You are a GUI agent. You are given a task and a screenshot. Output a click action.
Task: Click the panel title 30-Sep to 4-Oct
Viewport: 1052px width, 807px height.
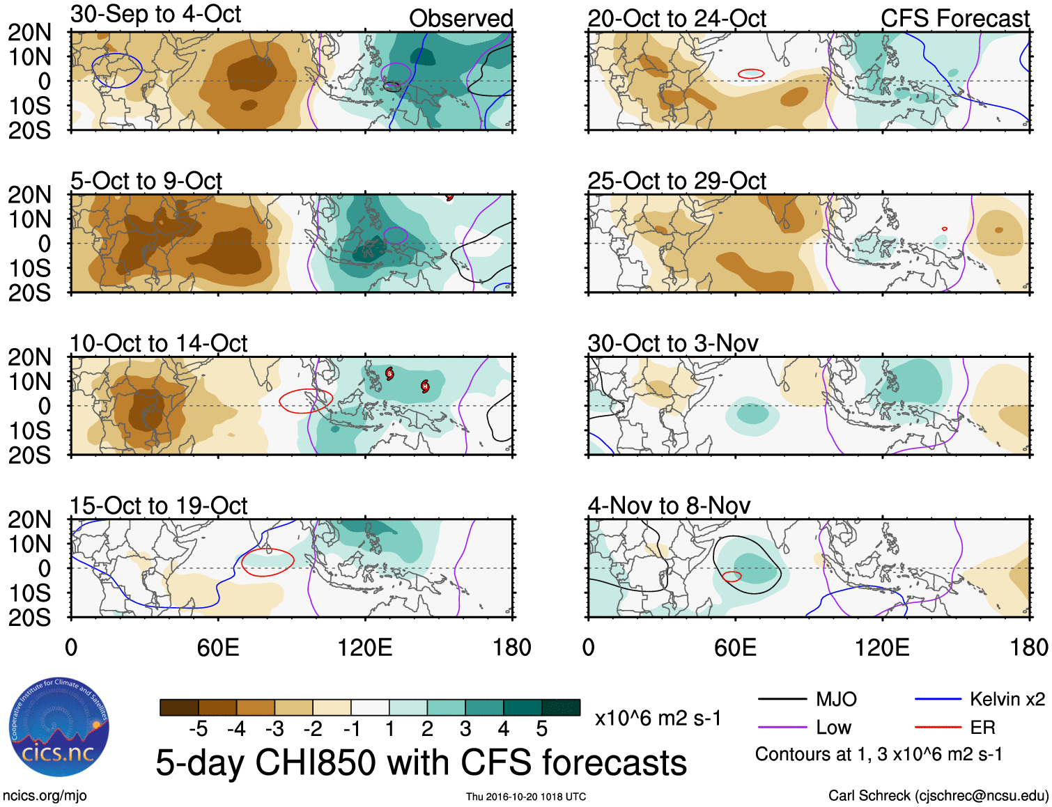(x=155, y=15)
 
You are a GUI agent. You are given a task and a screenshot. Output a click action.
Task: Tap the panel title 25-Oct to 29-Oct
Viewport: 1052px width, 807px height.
(x=676, y=181)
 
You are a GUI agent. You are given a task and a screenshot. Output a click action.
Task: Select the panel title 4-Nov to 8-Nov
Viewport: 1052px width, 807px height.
(x=669, y=506)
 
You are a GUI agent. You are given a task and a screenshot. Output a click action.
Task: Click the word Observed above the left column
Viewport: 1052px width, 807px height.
(x=461, y=18)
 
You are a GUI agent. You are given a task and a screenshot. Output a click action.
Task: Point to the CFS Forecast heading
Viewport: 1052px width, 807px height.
(x=954, y=18)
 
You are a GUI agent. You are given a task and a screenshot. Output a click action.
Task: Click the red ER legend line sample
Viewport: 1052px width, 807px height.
(x=938, y=727)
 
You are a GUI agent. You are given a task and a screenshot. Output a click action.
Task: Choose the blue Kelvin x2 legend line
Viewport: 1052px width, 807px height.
(x=938, y=699)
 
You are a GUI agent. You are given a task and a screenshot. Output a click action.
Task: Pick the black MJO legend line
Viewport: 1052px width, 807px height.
(x=782, y=699)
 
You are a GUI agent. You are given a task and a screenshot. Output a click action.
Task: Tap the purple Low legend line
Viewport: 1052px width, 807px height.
(x=782, y=728)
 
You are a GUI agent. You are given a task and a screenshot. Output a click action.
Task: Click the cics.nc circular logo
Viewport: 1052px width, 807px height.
(x=59, y=728)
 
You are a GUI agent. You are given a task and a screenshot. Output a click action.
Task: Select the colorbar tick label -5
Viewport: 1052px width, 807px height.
(x=198, y=729)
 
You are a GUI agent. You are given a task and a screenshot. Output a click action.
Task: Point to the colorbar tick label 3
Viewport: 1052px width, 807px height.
(x=465, y=729)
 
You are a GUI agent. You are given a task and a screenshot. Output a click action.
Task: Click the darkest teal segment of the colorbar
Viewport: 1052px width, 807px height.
(x=561, y=707)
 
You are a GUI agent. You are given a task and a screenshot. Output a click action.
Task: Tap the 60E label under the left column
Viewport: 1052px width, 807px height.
(x=218, y=648)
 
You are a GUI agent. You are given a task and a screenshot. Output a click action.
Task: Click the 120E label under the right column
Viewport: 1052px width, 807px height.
(x=882, y=648)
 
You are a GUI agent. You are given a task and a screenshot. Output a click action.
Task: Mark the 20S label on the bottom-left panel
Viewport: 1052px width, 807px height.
(x=29, y=618)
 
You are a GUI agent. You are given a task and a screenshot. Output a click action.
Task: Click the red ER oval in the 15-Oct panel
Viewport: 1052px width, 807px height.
(x=268, y=562)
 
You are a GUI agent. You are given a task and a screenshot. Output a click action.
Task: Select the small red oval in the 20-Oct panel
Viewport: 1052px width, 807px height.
(x=751, y=73)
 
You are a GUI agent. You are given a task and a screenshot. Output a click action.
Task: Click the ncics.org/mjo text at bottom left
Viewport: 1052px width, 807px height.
(x=45, y=795)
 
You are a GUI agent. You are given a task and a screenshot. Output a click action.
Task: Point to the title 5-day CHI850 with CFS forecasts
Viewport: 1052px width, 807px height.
(x=421, y=762)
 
